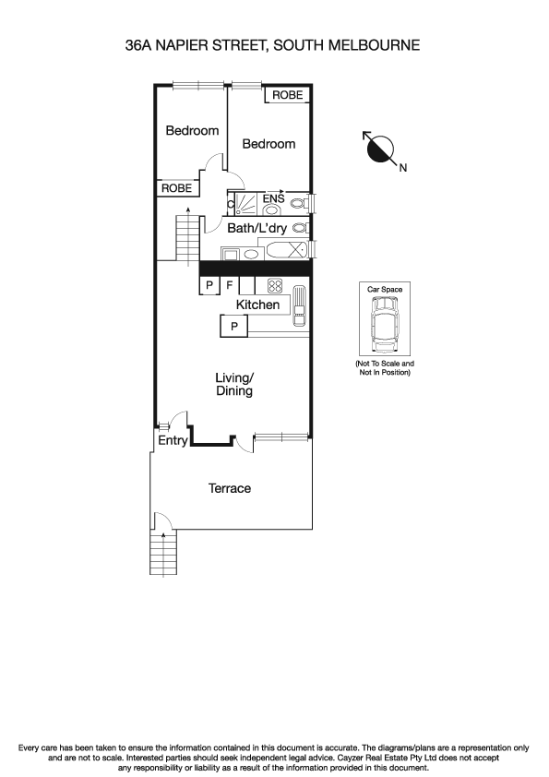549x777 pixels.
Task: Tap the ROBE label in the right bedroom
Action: (x=286, y=95)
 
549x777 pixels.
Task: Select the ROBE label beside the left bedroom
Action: (x=177, y=187)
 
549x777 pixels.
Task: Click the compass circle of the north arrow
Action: (x=379, y=148)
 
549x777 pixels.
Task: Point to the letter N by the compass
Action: (x=402, y=168)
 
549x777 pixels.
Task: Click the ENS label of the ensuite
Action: (x=273, y=197)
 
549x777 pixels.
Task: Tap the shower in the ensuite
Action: (x=245, y=204)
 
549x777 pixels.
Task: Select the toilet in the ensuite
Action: (x=298, y=204)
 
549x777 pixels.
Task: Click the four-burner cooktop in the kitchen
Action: (x=274, y=284)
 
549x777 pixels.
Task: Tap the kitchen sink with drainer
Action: (x=299, y=307)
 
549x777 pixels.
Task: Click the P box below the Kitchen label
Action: (x=233, y=326)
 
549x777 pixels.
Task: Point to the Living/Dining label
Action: (x=233, y=384)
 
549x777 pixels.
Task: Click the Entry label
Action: (x=172, y=441)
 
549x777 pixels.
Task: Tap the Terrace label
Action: (x=229, y=488)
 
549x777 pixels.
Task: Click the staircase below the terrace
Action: (x=163, y=554)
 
